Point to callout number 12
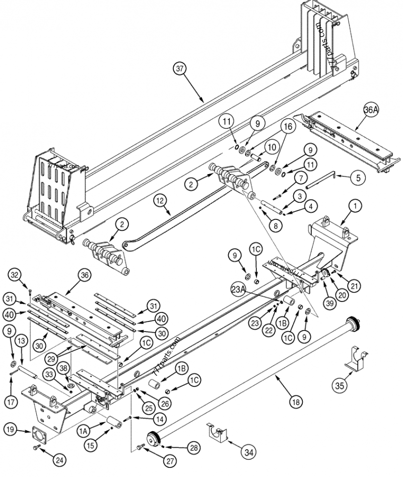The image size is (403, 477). click(x=160, y=201)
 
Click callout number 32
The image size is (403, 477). click(x=16, y=275)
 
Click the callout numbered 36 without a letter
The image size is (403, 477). click(x=84, y=275)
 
